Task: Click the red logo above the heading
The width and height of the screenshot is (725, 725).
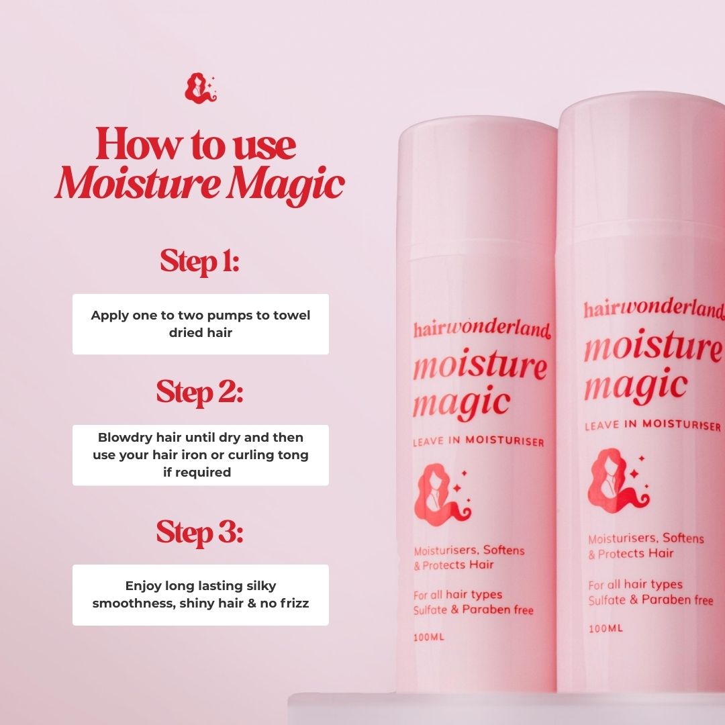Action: [x=201, y=89]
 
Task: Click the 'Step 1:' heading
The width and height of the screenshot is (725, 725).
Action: [x=200, y=262]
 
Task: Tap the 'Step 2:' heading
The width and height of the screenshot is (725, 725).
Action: [x=200, y=393]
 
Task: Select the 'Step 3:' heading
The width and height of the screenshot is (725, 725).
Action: [x=200, y=532]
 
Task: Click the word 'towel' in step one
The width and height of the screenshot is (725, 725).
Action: [x=292, y=316]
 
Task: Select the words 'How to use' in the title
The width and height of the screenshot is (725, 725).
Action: [x=195, y=145]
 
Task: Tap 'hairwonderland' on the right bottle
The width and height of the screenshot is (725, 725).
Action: [x=654, y=309]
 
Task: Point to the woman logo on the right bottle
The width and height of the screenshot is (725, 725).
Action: [x=618, y=479]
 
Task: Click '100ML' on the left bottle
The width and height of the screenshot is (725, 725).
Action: [x=428, y=636]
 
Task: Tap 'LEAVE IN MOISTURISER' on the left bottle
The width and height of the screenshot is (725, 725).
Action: [x=479, y=441]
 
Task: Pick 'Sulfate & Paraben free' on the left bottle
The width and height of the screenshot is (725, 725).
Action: [x=473, y=610]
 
